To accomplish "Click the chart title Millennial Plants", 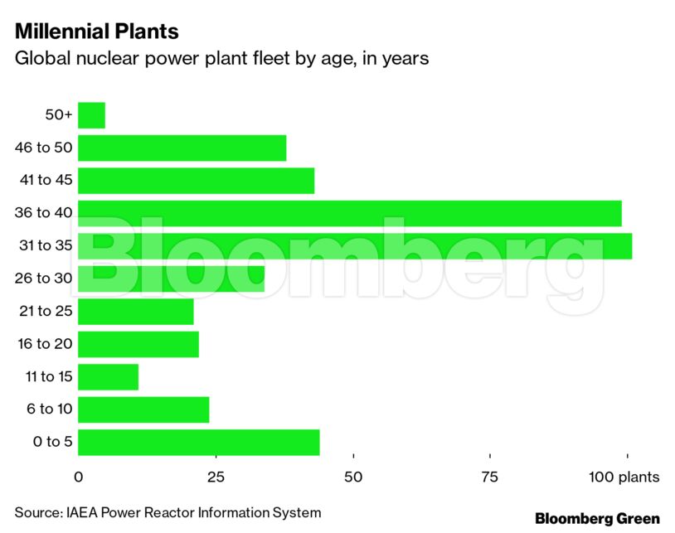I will click(96, 31).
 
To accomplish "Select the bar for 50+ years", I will click(91, 116).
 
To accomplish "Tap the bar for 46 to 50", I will click(182, 148).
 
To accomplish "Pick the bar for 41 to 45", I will click(196, 181).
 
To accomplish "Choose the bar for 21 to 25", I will click(135, 312).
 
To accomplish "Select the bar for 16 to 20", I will click(138, 344).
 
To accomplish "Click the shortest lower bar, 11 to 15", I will click(108, 376).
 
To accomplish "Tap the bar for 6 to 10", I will click(143, 409).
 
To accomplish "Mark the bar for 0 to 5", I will click(198, 442).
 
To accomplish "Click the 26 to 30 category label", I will click(44, 279).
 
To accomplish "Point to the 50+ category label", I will click(59, 116).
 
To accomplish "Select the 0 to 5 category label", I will click(53, 442).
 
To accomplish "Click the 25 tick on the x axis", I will click(215, 477).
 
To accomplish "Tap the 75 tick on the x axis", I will click(490, 477).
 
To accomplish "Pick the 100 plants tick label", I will click(624, 477).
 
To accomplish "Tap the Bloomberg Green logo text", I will click(597, 518).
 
